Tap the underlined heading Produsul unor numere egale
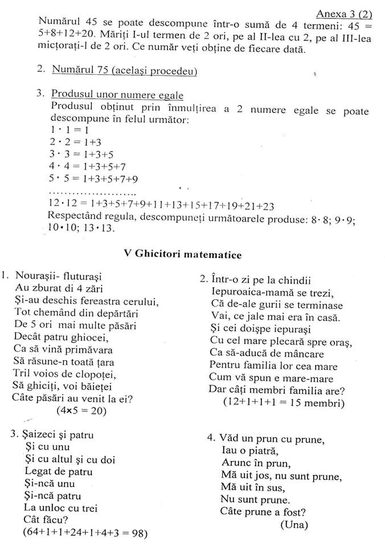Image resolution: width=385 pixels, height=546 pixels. click(117, 93)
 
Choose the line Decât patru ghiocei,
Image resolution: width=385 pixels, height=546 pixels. click(68, 337)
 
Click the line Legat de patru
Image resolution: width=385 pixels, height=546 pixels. click(58, 471)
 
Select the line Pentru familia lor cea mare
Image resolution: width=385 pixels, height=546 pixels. click(273, 365)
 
